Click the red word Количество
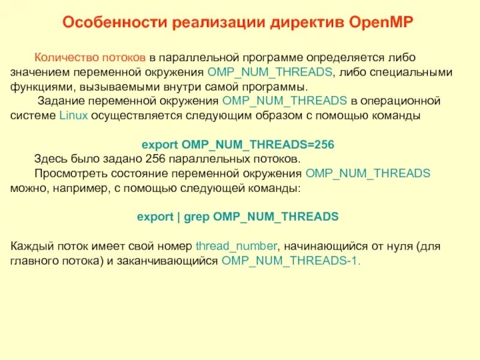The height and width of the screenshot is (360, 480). tap(63, 58)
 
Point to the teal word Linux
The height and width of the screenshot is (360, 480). tap(74, 115)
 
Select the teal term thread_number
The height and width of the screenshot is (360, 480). tap(236, 246)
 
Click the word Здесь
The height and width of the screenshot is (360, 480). tap(51, 159)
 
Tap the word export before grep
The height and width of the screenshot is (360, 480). tap(154, 217)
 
